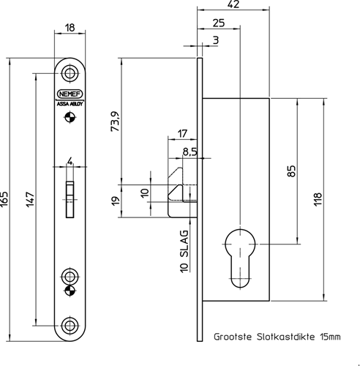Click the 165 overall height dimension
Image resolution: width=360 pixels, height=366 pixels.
pyautogui.click(x=4, y=199)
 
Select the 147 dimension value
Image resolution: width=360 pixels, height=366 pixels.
pyautogui.click(x=30, y=199)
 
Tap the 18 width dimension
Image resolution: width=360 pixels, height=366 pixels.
pyautogui.click(x=70, y=28)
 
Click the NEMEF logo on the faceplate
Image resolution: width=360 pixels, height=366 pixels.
pyautogui.click(x=70, y=94)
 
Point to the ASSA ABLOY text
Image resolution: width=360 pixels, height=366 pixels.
pyautogui.click(x=70, y=104)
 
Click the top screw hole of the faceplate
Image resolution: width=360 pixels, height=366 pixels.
pyautogui.click(x=70, y=73)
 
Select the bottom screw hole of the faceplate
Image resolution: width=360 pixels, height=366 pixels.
pyautogui.click(x=70, y=325)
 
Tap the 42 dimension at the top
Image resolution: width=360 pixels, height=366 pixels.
pyautogui.click(x=233, y=4)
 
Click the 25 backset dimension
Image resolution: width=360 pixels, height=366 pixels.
pyautogui.click(x=219, y=23)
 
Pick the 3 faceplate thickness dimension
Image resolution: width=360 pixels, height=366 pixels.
pyautogui.click(x=216, y=40)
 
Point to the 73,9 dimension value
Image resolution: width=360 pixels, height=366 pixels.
pyautogui.click(x=115, y=122)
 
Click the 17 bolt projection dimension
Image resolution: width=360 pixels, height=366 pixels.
pyautogui.click(x=183, y=134)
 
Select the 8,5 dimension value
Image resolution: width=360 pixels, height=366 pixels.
pyautogui.click(x=190, y=152)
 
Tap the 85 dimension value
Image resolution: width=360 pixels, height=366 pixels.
pyautogui.click(x=291, y=171)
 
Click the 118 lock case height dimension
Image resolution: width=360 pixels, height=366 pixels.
pyautogui.click(x=318, y=199)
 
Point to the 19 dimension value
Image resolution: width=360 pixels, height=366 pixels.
pyautogui.click(x=116, y=201)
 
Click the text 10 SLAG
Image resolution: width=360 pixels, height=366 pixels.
pyautogui.click(x=184, y=251)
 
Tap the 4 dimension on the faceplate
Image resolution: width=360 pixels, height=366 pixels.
pyautogui.click(x=70, y=161)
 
